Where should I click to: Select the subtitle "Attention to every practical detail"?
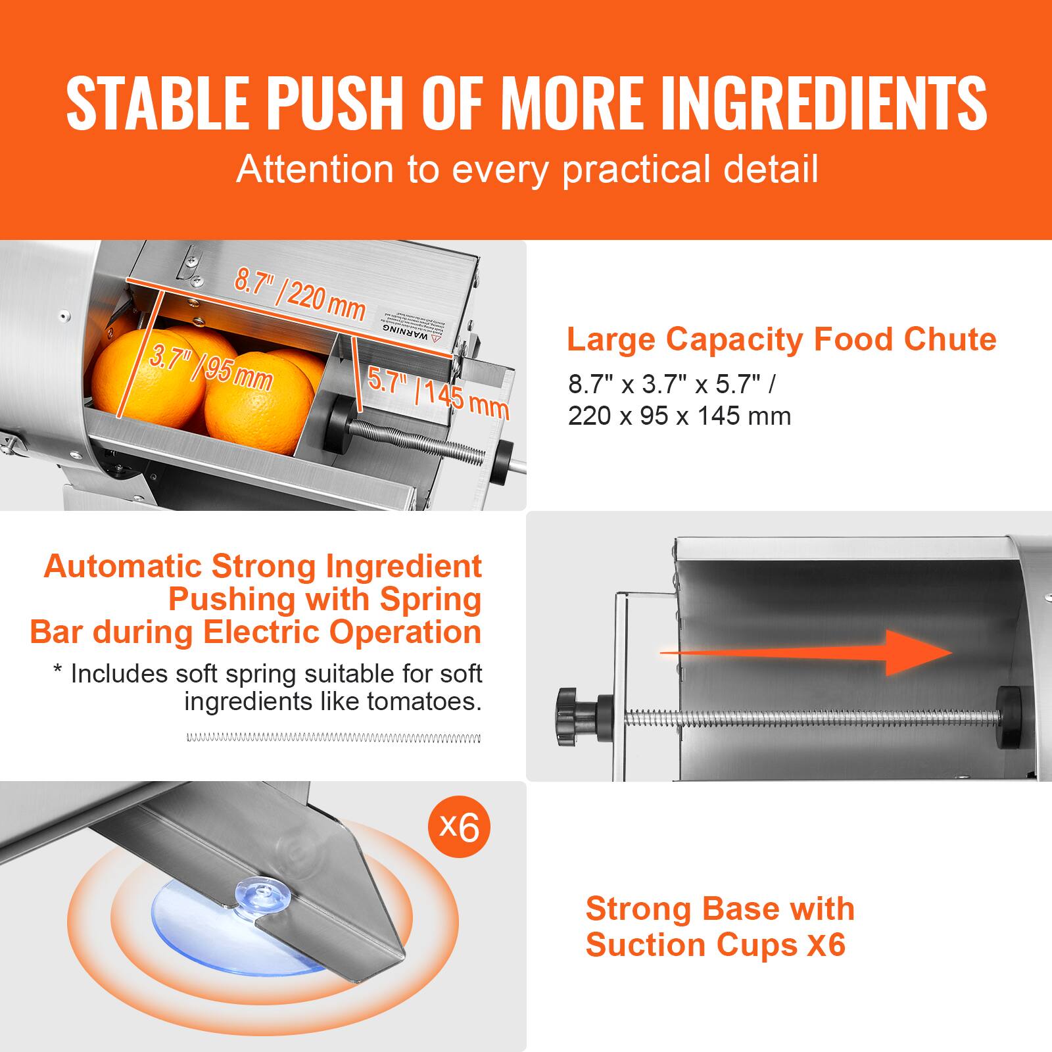(x=527, y=169)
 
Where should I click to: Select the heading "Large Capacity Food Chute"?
(x=781, y=340)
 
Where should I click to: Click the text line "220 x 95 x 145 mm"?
(x=679, y=416)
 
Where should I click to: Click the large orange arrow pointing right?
(x=809, y=652)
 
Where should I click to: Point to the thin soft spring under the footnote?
(x=333, y=738)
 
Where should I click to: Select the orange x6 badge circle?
(x=459, y=826)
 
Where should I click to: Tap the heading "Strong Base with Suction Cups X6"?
(x=720, y=927)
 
